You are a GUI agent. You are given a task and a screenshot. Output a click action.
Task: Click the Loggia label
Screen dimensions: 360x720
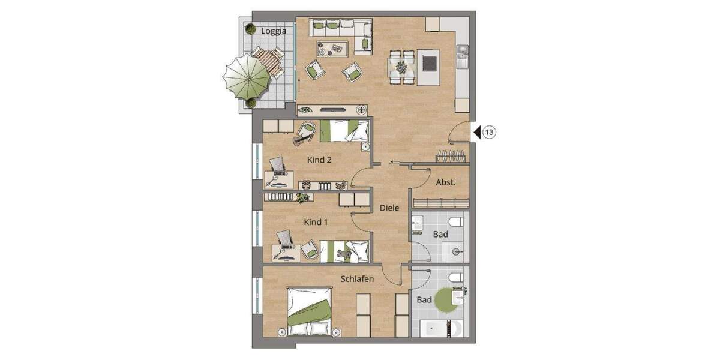[274, 30]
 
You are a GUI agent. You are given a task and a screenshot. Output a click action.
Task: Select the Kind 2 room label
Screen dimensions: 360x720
[320, 160]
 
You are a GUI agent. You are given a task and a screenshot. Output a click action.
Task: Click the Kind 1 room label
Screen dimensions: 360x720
[316, 222]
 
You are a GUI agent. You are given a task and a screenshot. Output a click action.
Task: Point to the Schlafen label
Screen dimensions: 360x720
[358, 279]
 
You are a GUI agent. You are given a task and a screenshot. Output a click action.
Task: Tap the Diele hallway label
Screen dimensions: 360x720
[389, 208]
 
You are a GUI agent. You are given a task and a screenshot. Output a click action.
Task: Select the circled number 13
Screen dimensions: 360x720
[490, 133]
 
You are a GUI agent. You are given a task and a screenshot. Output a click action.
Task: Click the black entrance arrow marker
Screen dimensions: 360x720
[477, 133]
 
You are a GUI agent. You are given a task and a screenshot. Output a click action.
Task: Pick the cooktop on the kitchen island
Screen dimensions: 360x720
[430, 63]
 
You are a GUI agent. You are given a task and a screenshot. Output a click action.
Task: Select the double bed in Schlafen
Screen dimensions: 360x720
[310, 311]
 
